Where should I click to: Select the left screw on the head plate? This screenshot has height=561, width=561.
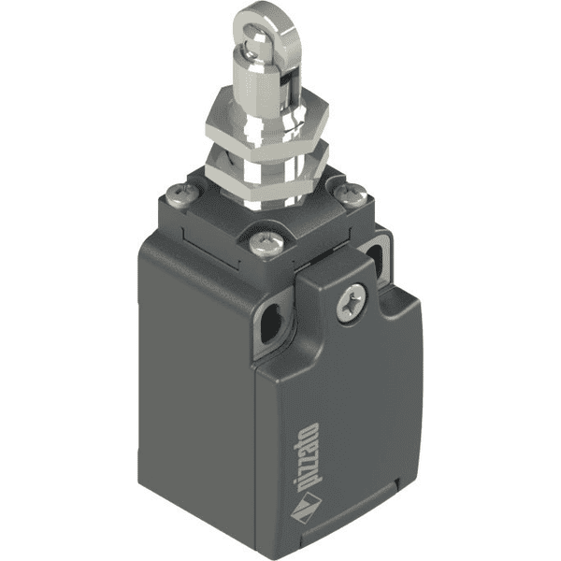(182, 195)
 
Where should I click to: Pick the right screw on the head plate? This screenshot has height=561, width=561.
(351, 195)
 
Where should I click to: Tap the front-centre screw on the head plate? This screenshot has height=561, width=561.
(266, 243)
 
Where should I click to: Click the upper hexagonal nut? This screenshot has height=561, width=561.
(266, 122)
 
